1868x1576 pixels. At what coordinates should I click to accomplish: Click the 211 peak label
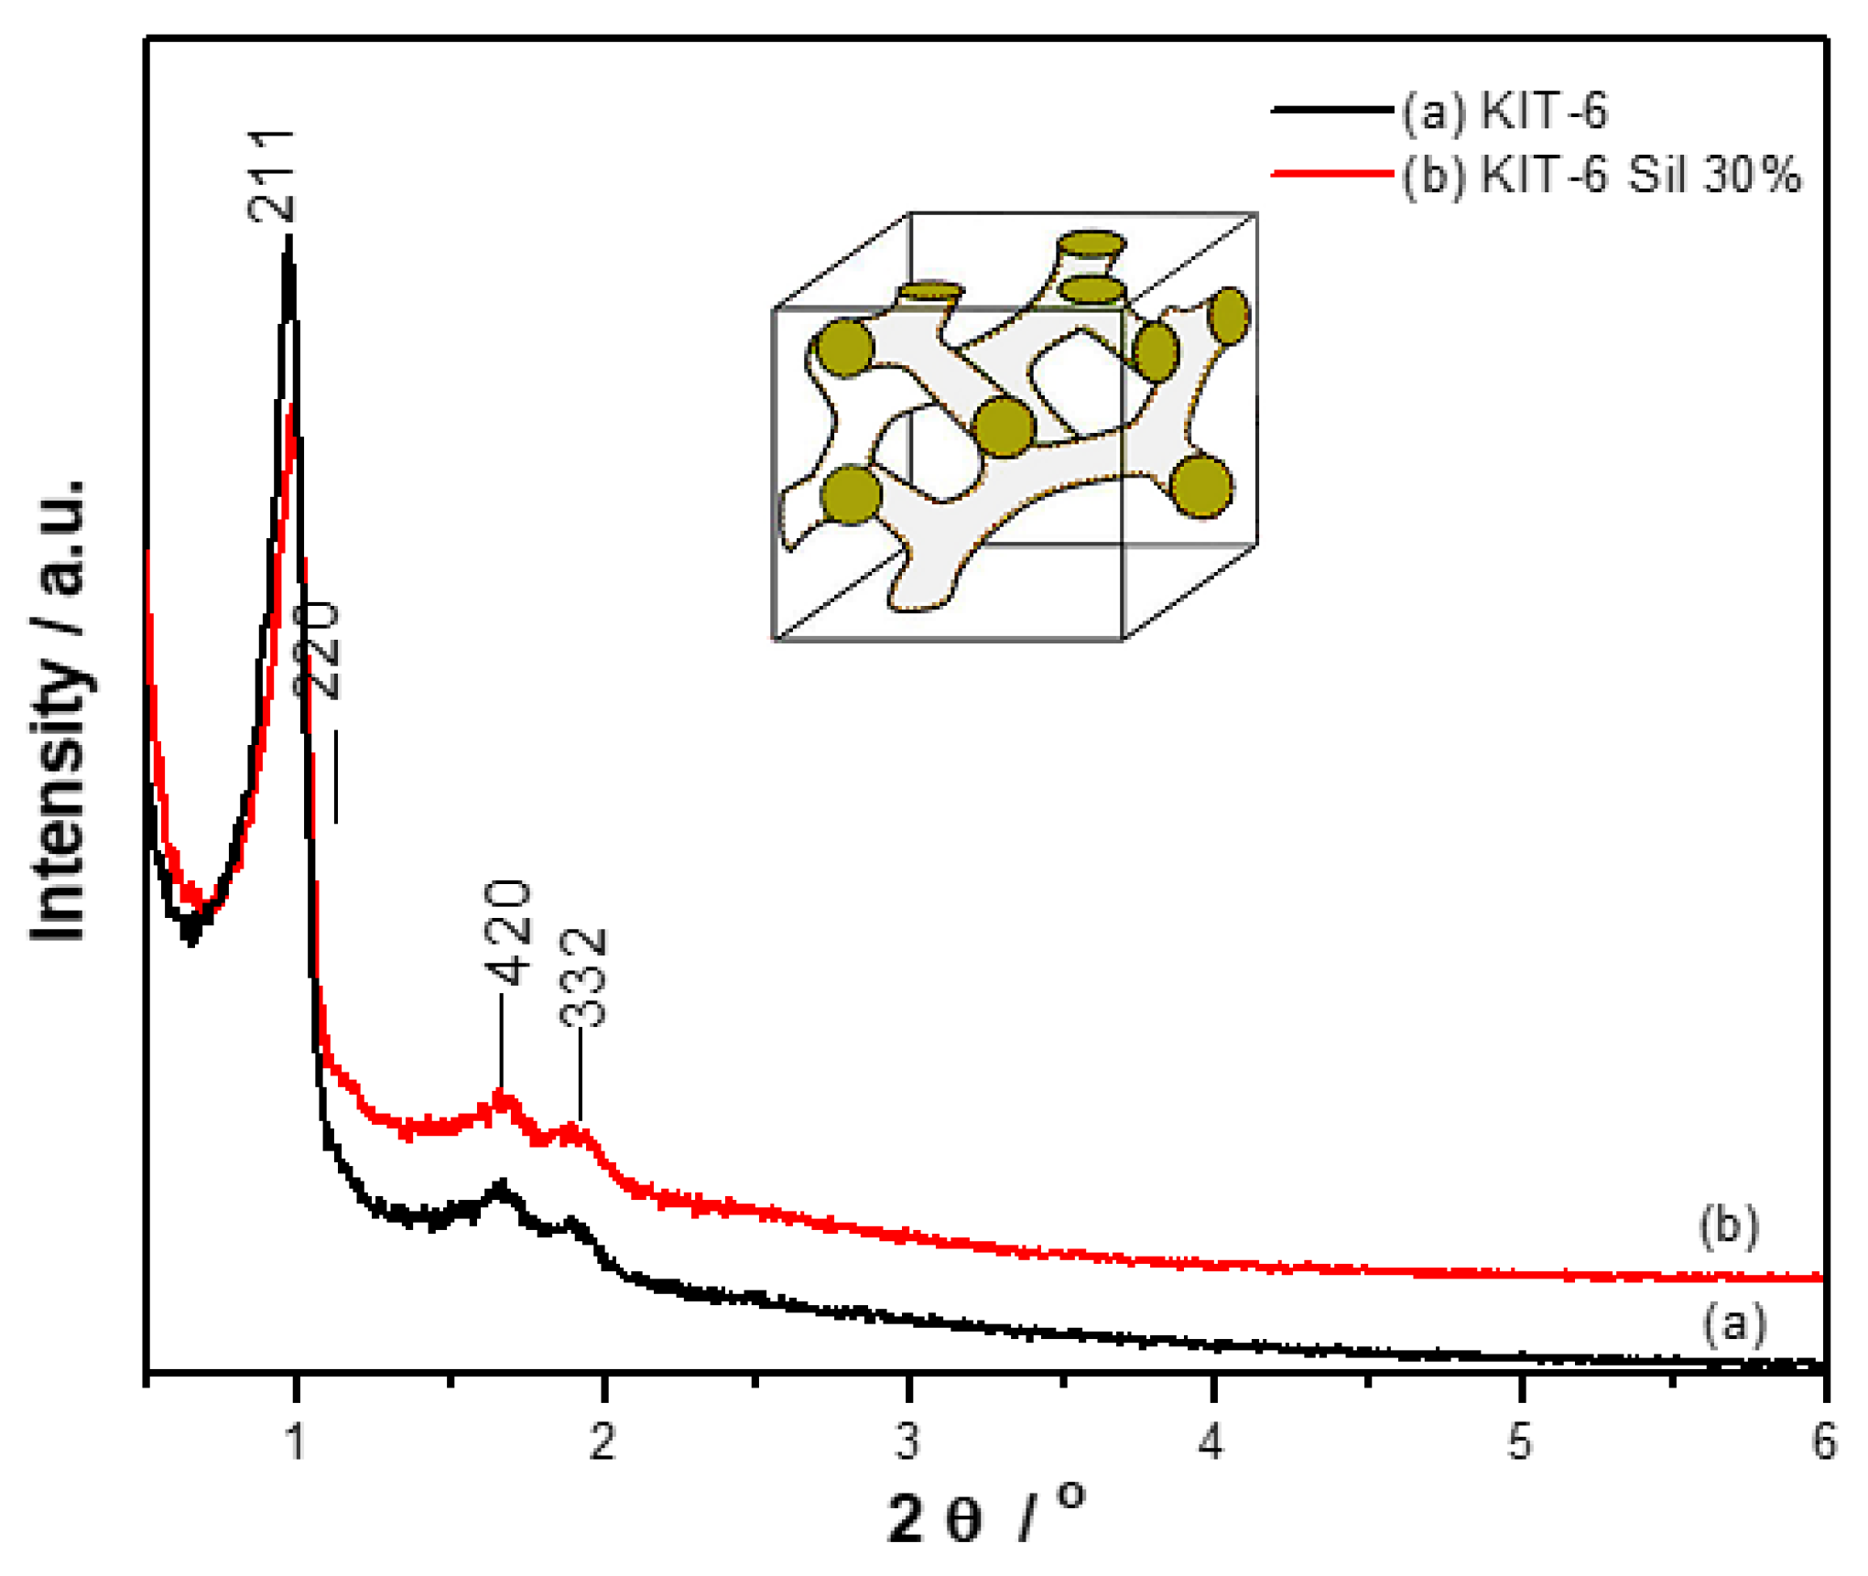click(x=272, y=176)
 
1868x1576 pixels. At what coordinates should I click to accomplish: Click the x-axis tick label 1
click(x=295, y=1441)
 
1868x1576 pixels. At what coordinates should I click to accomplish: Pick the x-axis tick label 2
click(x=602, y=1441)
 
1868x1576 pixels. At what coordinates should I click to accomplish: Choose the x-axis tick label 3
click(x=907, y=1441)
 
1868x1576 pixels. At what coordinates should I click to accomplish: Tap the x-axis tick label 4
click(x=1212, y=1441)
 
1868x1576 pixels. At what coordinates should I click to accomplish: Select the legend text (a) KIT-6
click(x=1504, y=111)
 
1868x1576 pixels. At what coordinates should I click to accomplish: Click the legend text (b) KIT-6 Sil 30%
click(x=1602, y=174)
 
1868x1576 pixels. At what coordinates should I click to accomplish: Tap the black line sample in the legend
click(x=1332, y=110)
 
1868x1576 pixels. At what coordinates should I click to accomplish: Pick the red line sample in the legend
click(x=1332, y=172)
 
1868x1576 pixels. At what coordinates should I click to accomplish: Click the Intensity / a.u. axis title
click(x=59, y=709)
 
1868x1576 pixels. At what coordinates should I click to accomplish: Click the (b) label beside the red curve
click(x=1729, y=1226)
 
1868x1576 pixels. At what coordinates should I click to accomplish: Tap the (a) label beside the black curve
click(x=1733, y=1324)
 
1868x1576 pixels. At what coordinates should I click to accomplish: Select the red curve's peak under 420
click(x=502, y=1095)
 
